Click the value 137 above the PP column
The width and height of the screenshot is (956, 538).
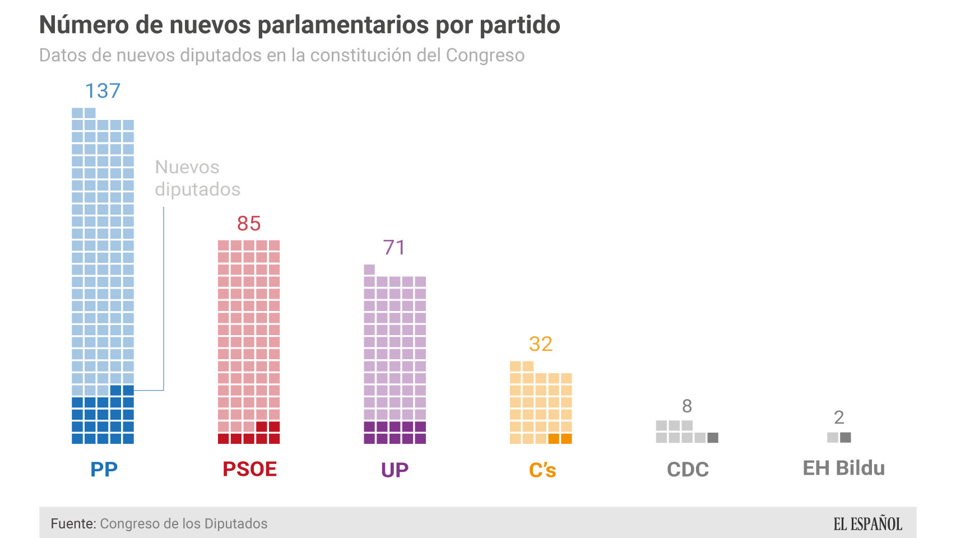click(x=103, y=91)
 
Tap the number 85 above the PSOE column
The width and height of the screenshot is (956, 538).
click(x=249, y=224)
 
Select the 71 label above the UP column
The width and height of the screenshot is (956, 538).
click(x=395, y=248)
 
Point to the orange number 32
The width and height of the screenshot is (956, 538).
click(x=541, y=344)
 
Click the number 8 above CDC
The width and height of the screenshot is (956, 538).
click(x=687, y=406)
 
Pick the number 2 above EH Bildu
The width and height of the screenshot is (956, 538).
click(x=839, y=418)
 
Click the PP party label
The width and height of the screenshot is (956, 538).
click(x=104, y=470)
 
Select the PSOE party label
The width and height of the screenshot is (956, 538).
click(x=249, y=470)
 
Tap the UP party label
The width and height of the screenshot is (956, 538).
click(x=395, y=470)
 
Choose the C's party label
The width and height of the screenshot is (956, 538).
click(x=542, y=470)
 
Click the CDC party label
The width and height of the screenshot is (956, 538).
click(x=688, y=470)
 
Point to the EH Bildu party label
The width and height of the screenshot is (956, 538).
click(x=843, y=469)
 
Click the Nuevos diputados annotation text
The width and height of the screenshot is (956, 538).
click(x=197, y=178)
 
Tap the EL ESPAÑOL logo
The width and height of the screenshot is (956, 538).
click(x=867, y=524)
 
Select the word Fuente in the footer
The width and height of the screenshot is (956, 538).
click(x=73, y=523)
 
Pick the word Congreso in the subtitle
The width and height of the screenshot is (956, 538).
click(x=485, y=55)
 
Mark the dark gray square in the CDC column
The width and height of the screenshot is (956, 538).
click(x=713, y=438)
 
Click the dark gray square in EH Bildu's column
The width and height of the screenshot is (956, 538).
click(x=846, y=437)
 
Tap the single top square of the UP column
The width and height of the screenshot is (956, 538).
click(x=369, y=269)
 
